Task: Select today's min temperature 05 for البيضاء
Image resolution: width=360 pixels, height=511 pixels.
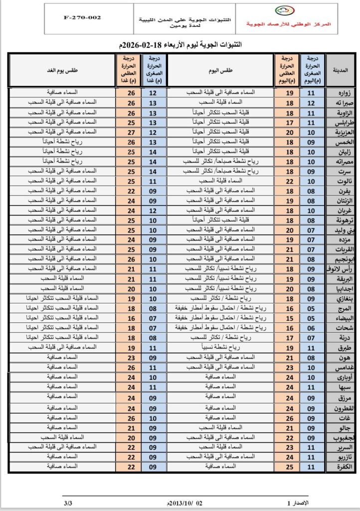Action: click(312, 317)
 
